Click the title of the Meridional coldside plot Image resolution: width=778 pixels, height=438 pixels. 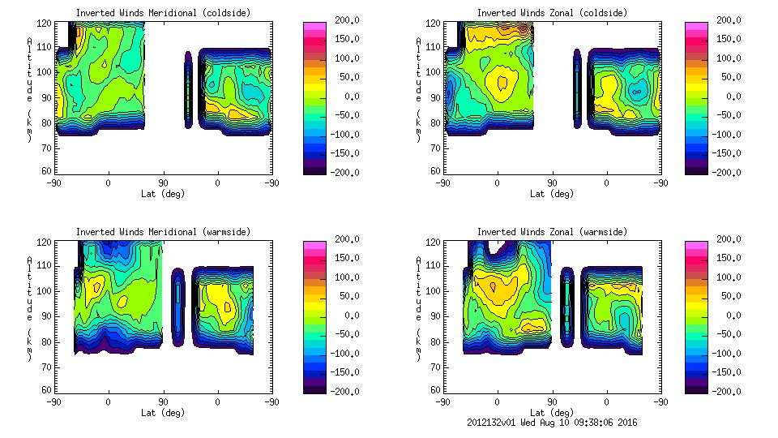coord(163,13)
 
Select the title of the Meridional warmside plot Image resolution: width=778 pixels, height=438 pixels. coord(163,232)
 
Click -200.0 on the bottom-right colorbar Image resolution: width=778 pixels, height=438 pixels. coord(727,392)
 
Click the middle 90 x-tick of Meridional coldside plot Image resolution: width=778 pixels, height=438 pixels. coord(163,182)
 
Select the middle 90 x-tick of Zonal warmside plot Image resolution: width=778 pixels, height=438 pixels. coord(552,401)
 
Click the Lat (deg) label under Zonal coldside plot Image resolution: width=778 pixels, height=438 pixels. coord(553,194)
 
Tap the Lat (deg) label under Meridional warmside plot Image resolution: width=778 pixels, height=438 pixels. coord(163,413)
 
